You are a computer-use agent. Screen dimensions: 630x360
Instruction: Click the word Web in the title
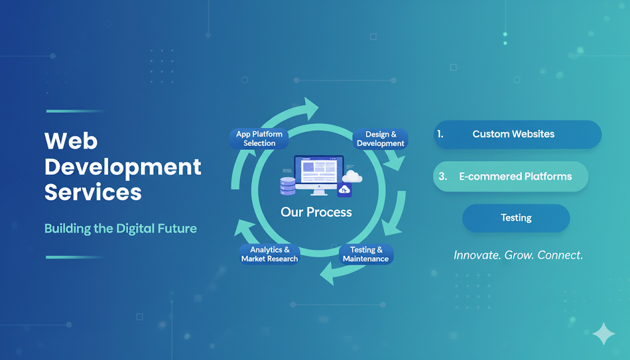pos(71,141)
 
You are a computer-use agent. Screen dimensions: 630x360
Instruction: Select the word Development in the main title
pos(122,167)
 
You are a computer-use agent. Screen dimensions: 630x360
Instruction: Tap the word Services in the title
pos(93,192)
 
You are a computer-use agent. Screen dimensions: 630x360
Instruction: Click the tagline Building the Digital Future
pos(121,229)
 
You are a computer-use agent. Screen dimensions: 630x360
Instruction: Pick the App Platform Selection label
pos(259,138)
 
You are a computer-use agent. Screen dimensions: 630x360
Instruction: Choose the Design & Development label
pos(380,139)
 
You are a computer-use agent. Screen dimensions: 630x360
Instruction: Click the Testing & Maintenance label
pos(366,254)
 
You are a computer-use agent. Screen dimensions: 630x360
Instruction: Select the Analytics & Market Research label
pos(269,254)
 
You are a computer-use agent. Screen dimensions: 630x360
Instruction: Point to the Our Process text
pos(316,212)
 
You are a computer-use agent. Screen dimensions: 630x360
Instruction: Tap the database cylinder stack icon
pos(288,186)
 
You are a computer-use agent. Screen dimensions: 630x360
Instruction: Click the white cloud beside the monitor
pos(353,176)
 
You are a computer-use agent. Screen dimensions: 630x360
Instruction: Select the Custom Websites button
pos(517,134)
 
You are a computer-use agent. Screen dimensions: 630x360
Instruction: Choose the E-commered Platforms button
pos(511,177)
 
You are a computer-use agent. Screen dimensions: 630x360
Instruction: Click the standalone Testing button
pos(516,218)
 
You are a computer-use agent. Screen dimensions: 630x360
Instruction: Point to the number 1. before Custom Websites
pos(441,134)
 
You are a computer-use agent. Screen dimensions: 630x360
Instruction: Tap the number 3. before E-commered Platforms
pos(443,177)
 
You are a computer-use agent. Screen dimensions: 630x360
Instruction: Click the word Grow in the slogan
pos(519,255)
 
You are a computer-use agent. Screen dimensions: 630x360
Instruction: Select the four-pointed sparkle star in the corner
pos(604,334)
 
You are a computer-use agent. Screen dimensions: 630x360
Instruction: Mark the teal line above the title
pos(76,111)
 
